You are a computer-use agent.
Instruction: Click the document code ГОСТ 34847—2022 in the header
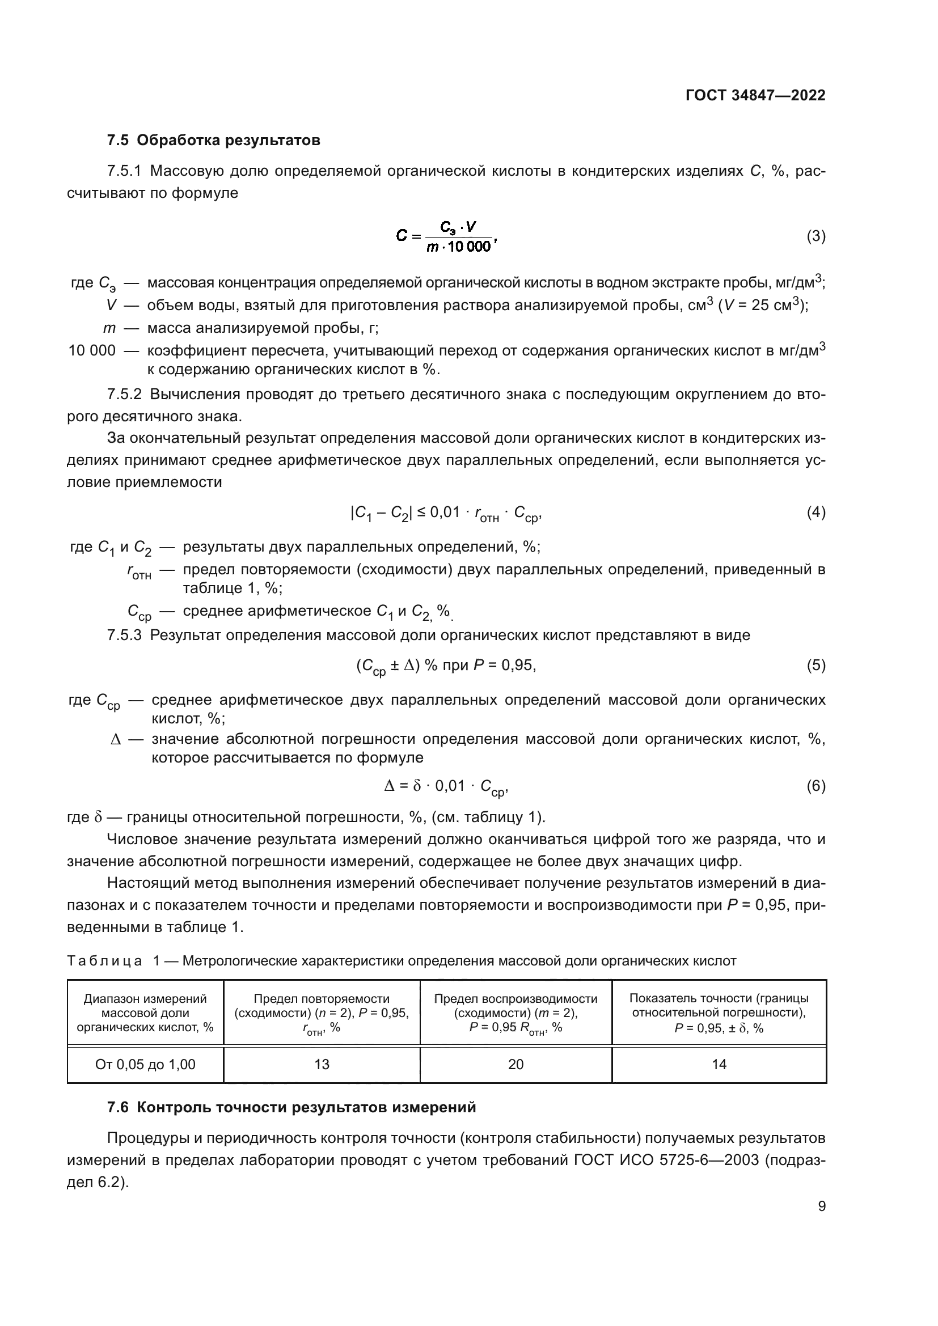point(755,95)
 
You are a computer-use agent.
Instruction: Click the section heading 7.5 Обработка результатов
point(213,140)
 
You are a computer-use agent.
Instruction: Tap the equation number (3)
point(816,236)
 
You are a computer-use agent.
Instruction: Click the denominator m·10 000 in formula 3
point(459,247)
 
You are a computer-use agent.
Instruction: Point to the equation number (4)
point(816,512)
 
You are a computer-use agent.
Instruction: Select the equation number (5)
point(816,666)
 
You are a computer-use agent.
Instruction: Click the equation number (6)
point(816,785)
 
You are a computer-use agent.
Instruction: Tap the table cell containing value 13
point(322,1065)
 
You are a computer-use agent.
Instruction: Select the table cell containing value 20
point(516,1065)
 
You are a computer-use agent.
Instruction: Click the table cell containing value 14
point(719,1065)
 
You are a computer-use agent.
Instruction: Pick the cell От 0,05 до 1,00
point(146,1065)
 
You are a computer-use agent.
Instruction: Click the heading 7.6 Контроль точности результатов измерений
point(291,1107)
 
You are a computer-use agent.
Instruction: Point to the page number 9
point(821,1206)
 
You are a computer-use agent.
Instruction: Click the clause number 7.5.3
point(124,636)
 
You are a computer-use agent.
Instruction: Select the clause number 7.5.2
point(124,395)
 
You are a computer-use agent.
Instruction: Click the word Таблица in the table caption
point(104,961)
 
